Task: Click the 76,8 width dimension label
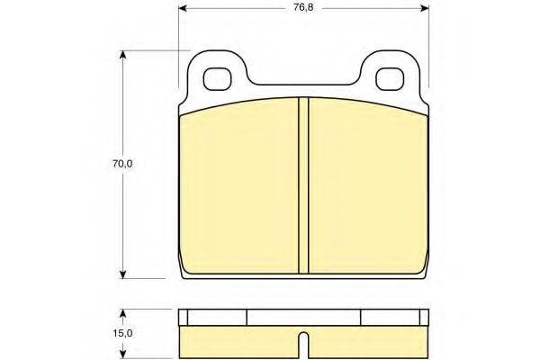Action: point(303,7)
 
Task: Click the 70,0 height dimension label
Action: point(122,164)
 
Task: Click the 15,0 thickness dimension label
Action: point(122,333)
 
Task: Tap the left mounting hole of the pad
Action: point(217,79)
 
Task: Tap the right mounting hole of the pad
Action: point(390,79)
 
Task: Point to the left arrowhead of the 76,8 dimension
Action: point(183,8)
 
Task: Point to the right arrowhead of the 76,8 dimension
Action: point(425,8)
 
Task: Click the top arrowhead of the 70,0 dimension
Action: point(122,55)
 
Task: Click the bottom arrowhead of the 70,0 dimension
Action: point(122,274)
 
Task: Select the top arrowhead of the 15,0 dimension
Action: point(122,313)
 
